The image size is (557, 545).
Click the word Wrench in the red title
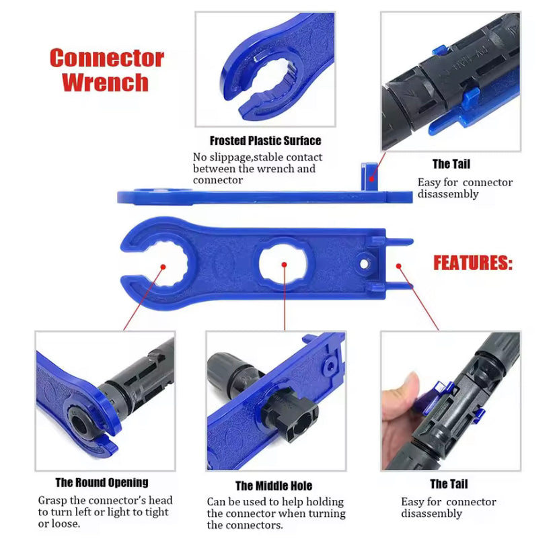pyautogui.click(x=105, y=82)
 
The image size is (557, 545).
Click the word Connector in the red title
pyautogui.click(x=107, y=58)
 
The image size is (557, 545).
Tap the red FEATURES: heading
pyautogui.click(x=473, y=263)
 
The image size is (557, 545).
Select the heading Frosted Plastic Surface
pyautogui.click(x=265, y=140)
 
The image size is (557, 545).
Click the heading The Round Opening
pyautogui.click(x=102, y=483)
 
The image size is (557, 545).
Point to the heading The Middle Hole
pyautogui.click(x=274, y=485)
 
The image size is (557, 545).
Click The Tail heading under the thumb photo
pyautogui.click(x=449, y=484)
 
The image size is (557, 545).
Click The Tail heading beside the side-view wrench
pyautogui.click(x=451, y=164)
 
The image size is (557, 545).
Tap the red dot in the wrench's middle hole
pyautogui.click(x=284, y=265)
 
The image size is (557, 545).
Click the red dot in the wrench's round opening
pyautogui.click(x=163, y=267)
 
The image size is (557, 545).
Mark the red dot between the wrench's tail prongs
pyautogui.click(x=398, y=266)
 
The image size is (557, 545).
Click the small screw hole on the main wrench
pyautogui.click(x=364, y=264)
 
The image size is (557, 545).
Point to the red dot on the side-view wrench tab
pyautogui.click(x=371, y=179)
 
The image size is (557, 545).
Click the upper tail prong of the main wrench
pyautogui.click(x=398, y=242)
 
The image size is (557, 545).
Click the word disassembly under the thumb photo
pyautogui.click(x=432, y=513)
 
